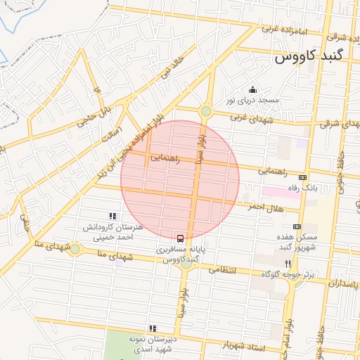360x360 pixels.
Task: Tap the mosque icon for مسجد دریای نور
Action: [253, 90]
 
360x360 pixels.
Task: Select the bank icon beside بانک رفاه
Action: [303, 178]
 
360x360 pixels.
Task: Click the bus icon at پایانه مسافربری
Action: [181, 238]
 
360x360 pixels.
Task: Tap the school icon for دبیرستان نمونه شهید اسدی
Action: [152, 328]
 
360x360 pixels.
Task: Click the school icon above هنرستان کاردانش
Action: [112, 217]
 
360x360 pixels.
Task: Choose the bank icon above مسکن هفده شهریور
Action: [297, 226]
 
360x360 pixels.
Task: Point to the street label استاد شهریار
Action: [242, 345]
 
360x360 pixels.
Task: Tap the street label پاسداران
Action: [345, 283]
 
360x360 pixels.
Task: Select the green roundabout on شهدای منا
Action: [75, 249]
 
